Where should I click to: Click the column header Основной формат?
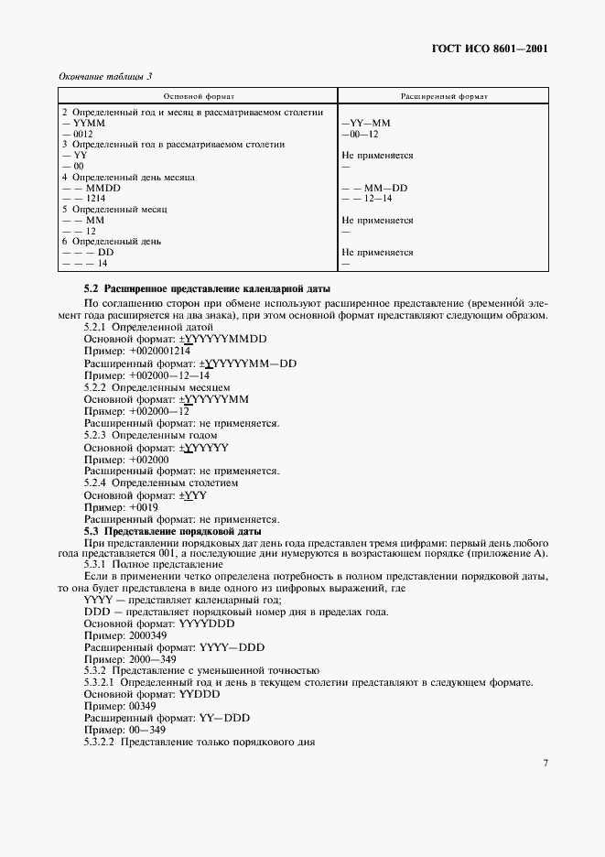199,95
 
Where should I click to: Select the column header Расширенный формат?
444,95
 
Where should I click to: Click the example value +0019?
144,506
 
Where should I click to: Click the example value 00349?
143,706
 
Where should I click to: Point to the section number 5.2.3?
95,435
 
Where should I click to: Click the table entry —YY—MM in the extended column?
366,123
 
